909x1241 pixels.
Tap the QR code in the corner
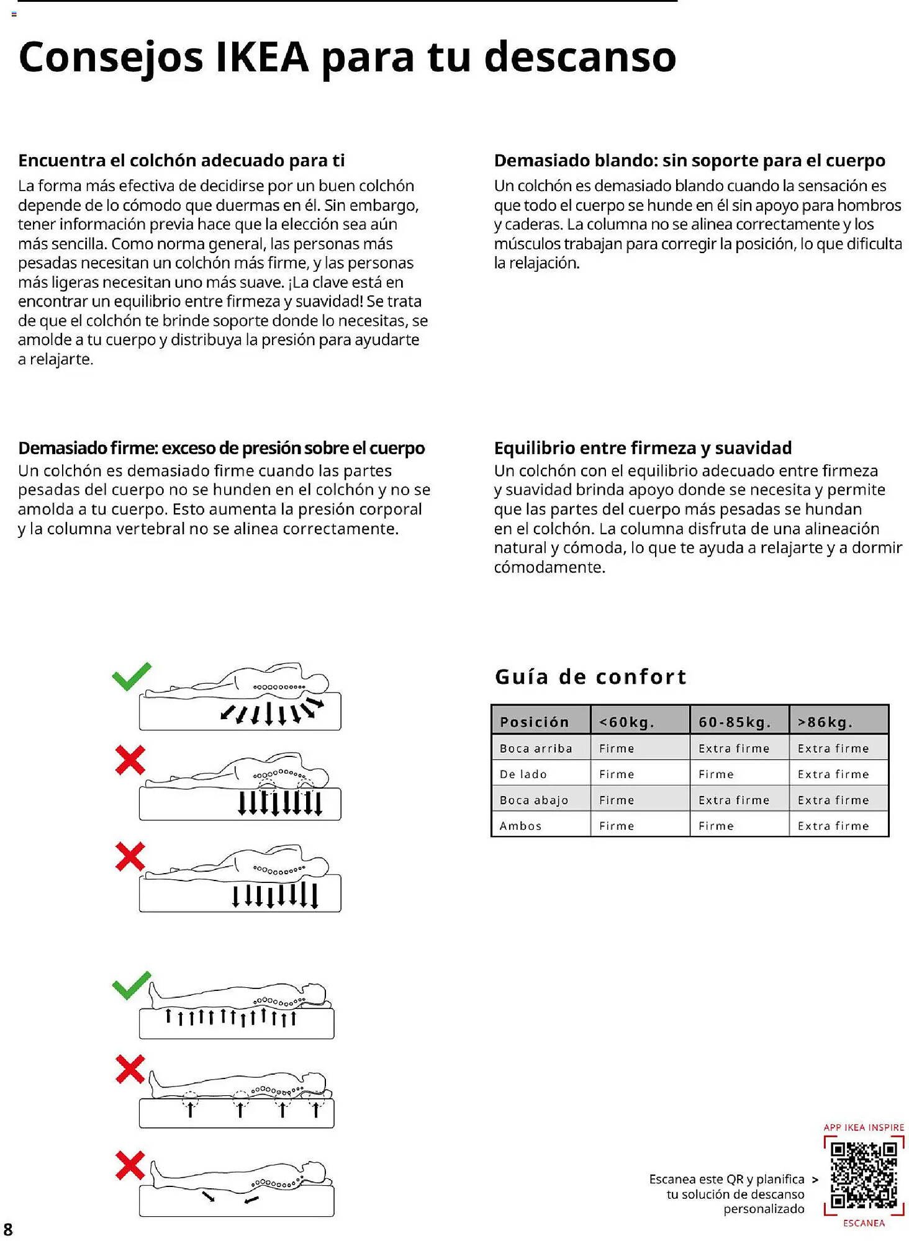864,1175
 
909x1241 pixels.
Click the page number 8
8,1229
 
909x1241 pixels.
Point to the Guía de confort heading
590,676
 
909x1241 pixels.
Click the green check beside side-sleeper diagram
132,676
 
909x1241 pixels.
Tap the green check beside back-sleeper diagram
132,985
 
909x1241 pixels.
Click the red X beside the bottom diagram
130,1165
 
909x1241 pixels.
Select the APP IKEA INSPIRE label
864,1127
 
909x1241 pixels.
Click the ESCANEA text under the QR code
864,1222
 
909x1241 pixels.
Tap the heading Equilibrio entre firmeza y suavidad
643,447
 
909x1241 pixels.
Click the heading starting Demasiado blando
689,160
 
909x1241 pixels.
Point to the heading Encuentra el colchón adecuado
181,160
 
